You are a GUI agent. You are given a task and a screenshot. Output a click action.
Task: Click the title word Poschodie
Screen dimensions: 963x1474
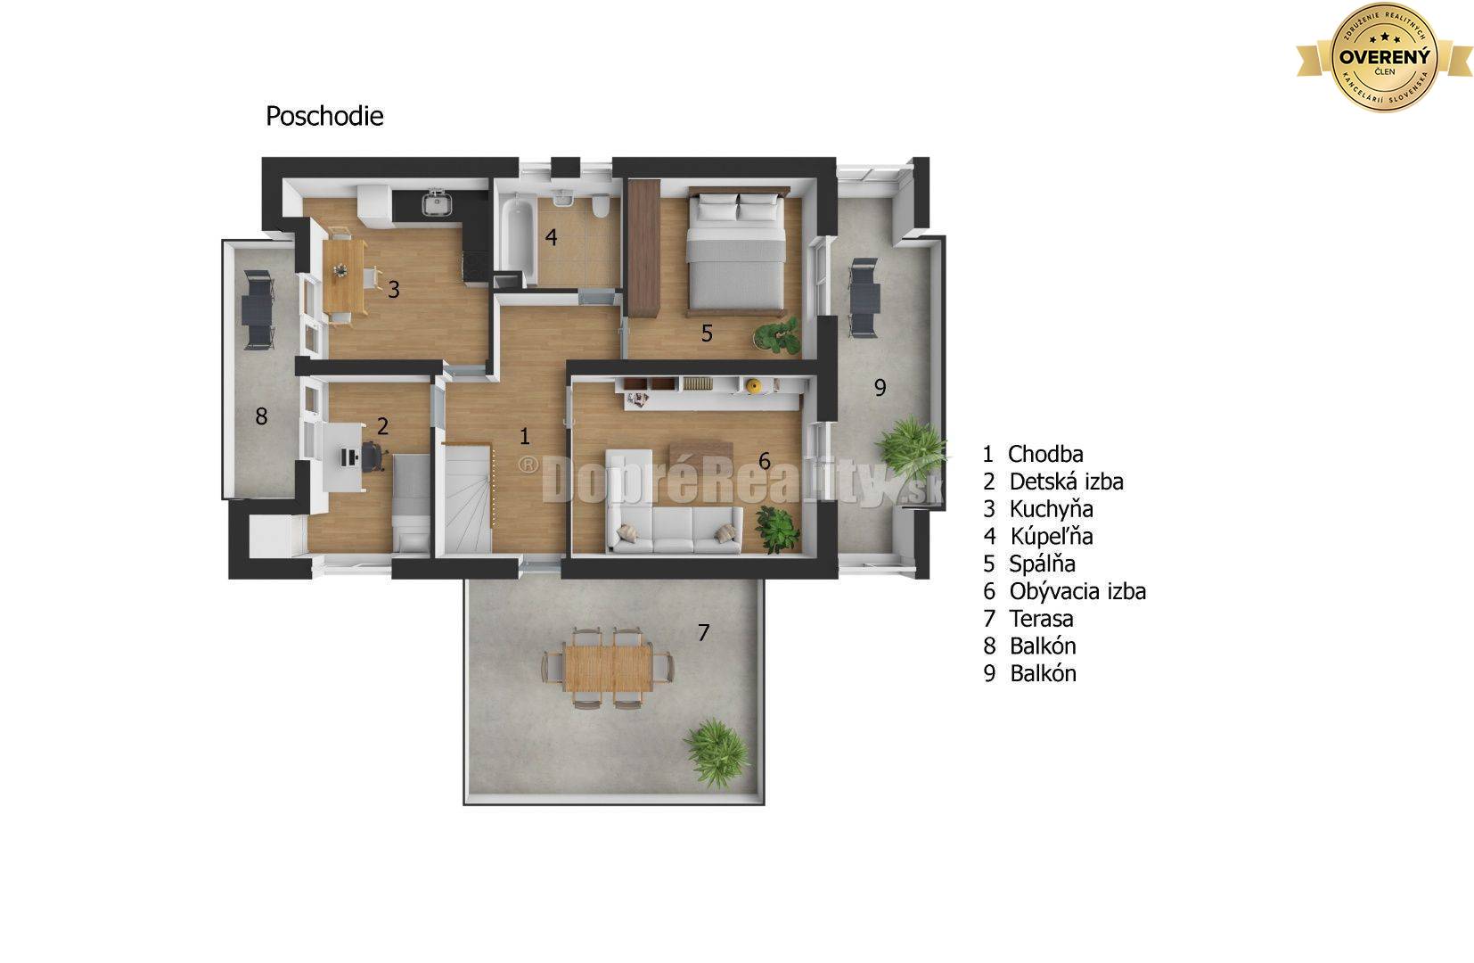[324, 116]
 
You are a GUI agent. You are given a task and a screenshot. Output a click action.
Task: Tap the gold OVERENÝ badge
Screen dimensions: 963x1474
[1384, 57]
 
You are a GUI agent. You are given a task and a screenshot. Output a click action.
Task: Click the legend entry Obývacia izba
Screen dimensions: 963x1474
[1077, 591]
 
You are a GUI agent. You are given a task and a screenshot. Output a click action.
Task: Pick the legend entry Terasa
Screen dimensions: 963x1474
[1041, 619]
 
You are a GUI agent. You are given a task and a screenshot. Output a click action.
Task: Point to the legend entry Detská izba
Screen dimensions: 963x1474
[1065, 481]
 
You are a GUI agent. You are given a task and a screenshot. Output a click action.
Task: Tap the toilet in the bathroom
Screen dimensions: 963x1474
[602, 207]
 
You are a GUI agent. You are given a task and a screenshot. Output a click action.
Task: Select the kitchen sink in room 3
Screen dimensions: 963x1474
[437, 204]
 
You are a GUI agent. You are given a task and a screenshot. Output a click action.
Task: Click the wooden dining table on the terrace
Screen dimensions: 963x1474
[608, 667]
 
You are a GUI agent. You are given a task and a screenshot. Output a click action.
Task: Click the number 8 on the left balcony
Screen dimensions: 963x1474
[261, 416]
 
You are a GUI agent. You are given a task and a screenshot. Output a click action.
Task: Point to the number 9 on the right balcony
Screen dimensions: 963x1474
[880, 388]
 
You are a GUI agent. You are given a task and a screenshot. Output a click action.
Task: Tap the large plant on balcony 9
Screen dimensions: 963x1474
[908, 447]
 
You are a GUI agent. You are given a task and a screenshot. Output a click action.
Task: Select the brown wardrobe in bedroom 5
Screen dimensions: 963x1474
[643, 246]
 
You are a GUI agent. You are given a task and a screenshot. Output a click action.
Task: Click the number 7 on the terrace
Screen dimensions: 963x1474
[703, 633]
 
